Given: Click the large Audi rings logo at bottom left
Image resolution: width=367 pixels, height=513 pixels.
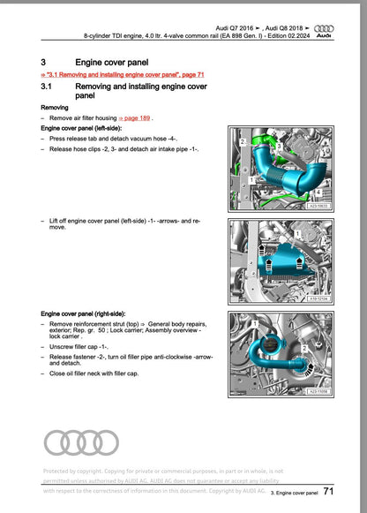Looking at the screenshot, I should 80,442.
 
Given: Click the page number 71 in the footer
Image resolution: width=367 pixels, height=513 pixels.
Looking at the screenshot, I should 327,492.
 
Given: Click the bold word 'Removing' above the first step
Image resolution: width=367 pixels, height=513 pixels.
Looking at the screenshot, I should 56,106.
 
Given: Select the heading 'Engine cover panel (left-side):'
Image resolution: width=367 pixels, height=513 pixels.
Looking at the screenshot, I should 83,128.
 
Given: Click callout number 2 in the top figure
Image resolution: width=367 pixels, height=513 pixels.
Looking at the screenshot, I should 243,141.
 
